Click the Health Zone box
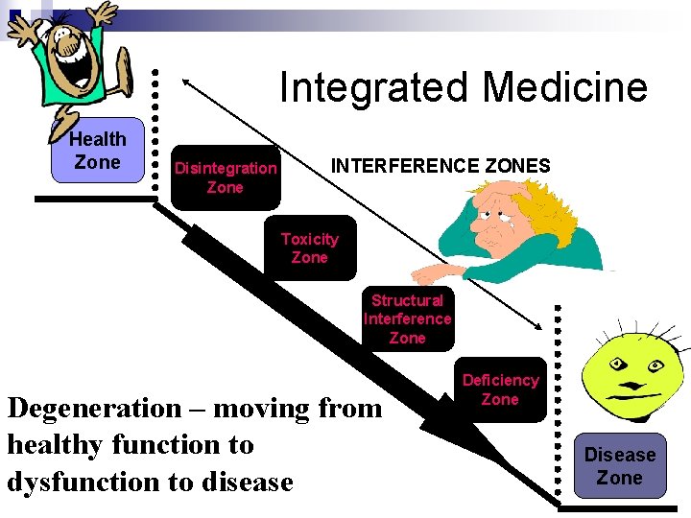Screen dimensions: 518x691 97,151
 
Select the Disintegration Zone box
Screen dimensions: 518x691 226,177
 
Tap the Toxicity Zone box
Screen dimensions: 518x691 309,248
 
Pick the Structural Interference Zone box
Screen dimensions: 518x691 407,319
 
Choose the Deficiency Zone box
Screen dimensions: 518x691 500,389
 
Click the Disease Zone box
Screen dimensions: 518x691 620,466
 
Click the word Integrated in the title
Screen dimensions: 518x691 374,87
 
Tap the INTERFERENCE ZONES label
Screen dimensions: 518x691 441,166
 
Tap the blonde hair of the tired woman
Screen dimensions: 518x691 537,206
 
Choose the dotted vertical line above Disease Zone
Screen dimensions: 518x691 560,403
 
